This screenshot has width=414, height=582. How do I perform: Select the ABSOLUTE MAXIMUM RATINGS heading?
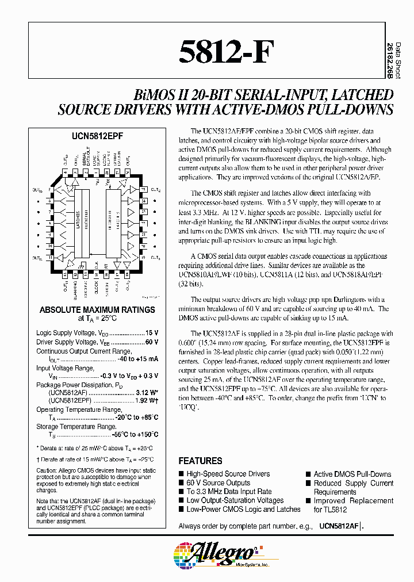click(x=97, y=309)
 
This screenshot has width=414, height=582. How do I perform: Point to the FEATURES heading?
click(x=200, y=461)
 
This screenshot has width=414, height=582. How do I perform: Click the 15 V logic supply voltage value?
click(x=152, y=333)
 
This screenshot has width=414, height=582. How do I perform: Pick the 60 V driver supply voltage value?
click(x=152, y=342)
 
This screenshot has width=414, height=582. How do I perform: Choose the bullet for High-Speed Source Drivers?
click(x=182, y=474)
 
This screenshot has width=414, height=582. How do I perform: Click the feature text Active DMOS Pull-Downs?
click(x=352, y=474)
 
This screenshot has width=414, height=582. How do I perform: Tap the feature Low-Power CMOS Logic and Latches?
click(x=243, y=509)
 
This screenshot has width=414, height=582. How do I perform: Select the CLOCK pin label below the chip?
click(x=97, y=284)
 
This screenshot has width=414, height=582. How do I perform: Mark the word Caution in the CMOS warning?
click(x=48, y=470)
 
